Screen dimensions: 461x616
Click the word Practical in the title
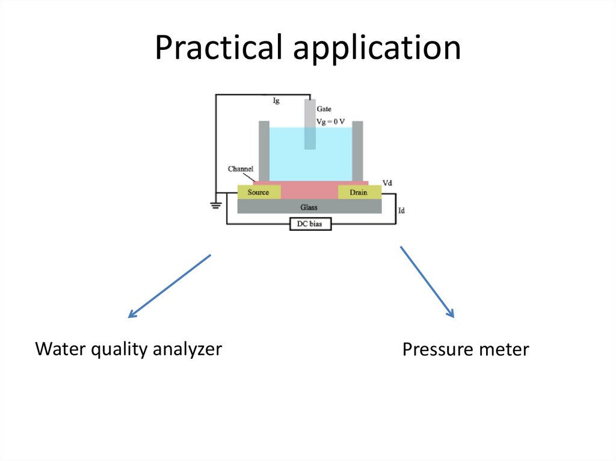(x=219, y=48)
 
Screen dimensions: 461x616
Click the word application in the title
(x=377, y=49)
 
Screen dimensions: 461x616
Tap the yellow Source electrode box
(x=259, y=192)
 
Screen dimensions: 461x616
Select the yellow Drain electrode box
(x=359, y=192)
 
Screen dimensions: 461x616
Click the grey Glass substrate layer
(x=309, y=207)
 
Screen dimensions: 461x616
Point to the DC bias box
(x=310, y=224)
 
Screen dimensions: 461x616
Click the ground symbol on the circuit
(x=215, y=206)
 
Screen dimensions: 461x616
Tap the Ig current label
(x=276, y=102)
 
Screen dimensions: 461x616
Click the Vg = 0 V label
(x=331, y=121)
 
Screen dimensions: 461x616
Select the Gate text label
(x=324, y=109)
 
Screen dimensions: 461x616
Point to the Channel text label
(x=240, y=169)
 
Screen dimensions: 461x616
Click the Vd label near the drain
(x=388, y=182)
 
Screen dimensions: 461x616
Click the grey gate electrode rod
(x=309, y=123)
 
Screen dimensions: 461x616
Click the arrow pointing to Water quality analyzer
(x=170, y=285)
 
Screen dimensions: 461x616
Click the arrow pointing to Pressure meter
(x=427, y=281)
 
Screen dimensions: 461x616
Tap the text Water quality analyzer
(x=129, y=349)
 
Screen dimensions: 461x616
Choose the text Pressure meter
(x=466, y=349)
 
